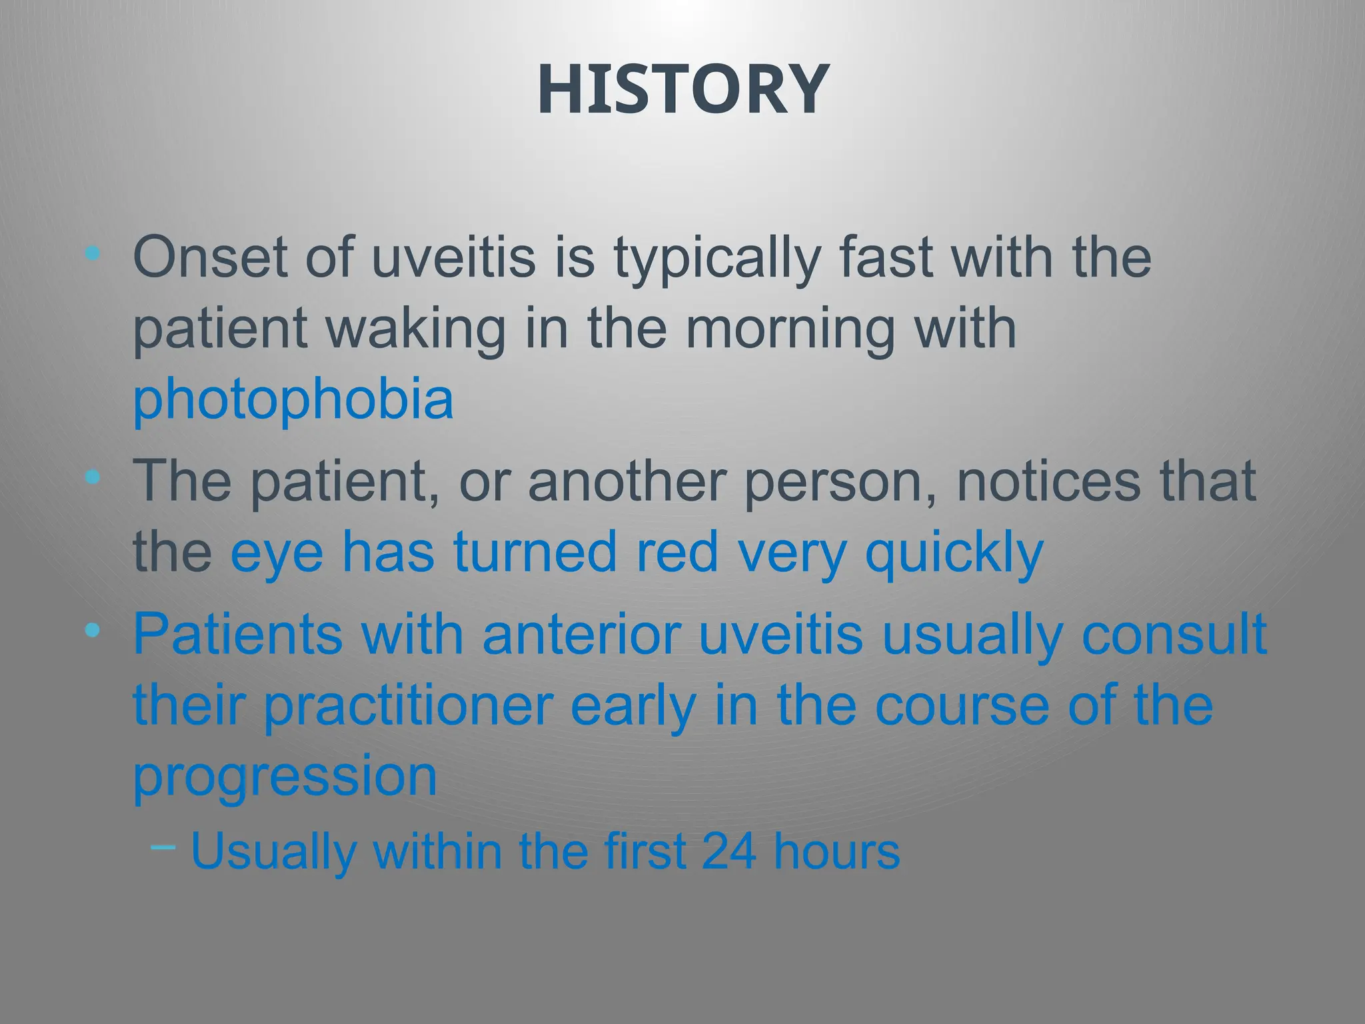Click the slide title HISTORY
(x=682, y=90)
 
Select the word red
(x=677, y=552)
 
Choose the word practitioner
(x=409, y=707)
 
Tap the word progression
(x=285, y=778)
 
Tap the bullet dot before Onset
(x=93, y=253)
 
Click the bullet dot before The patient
(x=93, y=477)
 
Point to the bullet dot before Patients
(x=93, y=629)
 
